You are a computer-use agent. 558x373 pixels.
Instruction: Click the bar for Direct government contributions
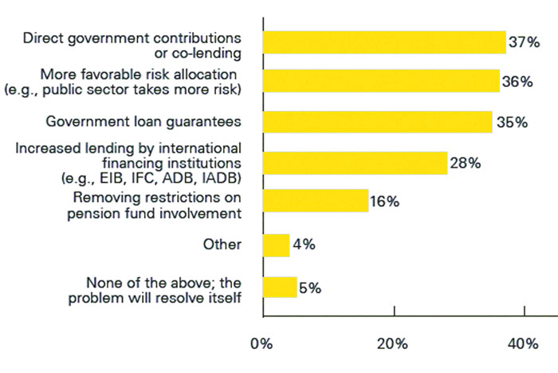pos(385,42)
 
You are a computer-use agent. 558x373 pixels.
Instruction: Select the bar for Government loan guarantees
pos(378,122)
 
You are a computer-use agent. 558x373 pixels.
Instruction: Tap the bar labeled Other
pos(277,245)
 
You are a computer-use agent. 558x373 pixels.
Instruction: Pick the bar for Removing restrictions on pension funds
pos(316,200)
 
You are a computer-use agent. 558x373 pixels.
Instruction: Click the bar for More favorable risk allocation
pos(382,81)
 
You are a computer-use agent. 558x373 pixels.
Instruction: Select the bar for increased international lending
pos(356,163)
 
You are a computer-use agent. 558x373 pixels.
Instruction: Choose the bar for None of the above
pos(280,287)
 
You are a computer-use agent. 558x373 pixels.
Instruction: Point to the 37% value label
pos(525,42)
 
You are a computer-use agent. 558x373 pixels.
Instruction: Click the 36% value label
pos(517,81)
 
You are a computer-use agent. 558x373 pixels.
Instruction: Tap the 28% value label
pos(466,163)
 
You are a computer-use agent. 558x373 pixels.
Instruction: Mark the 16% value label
pos(385,201)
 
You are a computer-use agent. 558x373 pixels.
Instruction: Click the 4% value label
pos(304,244)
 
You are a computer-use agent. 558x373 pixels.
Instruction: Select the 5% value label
pos(310,288)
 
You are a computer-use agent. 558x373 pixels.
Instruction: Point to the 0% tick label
pos(261,343)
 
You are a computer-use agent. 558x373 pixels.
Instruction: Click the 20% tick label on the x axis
pos(392,343)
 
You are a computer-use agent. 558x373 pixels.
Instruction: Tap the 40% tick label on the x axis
pos(523,343)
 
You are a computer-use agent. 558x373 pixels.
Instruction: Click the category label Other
pos(222,244)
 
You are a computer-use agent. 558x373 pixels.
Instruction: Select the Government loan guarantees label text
pos(143,122)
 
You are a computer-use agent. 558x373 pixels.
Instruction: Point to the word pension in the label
pos(94,214)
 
